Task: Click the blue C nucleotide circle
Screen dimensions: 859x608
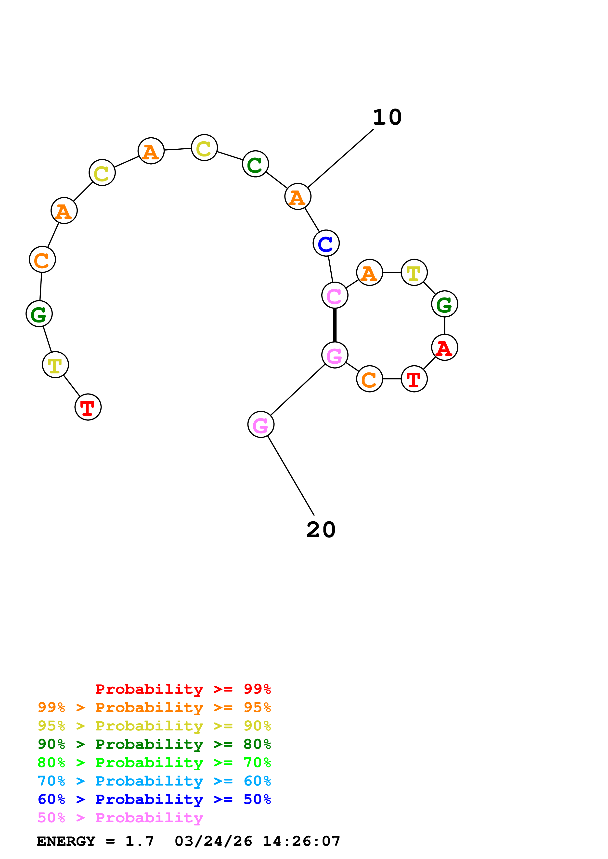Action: tap(326, 243)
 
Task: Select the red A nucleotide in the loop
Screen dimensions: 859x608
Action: tap(445, 347)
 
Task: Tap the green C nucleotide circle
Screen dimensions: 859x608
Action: tap(256, 164)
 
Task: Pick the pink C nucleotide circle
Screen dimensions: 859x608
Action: tap(335, 295)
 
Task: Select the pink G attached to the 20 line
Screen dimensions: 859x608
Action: tap(261, 424)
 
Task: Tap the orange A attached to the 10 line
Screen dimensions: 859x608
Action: tap(298, 196)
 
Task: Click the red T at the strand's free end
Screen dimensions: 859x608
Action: tap(88, 407)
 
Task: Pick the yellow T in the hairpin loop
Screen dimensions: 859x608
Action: tap(414, 272)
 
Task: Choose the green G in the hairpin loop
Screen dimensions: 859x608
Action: tap(445, 304)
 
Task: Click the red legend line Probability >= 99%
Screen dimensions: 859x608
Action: tap(183, 689)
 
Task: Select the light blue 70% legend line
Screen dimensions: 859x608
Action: tap(154, 781)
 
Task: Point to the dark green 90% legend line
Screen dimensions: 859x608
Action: tap(154, 744)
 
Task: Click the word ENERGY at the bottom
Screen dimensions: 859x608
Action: tap(66, 841)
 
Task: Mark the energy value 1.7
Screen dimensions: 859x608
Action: tap(139, 841)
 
